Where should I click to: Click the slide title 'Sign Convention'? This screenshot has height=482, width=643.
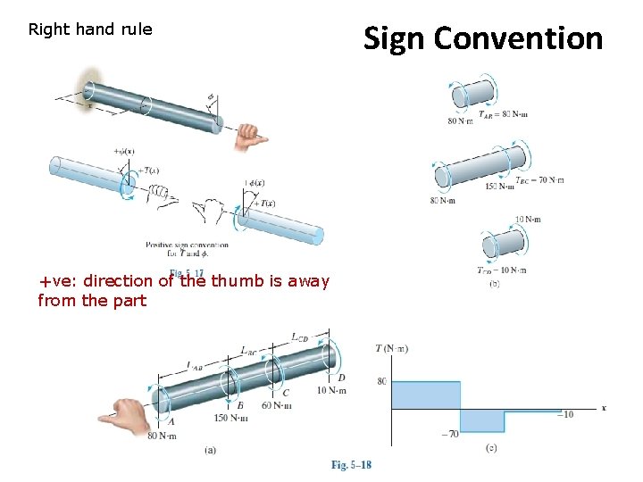(482, 38)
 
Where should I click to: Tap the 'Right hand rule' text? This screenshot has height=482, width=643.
(90, 29)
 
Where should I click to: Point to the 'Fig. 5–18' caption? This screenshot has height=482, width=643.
(351, 465)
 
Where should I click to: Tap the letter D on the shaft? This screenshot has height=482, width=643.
(341, 378)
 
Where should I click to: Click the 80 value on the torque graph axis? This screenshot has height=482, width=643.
(381, 382)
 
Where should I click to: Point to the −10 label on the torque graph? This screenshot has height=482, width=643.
(564, 414)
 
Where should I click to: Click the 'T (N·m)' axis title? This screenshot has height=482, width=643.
(391, 348)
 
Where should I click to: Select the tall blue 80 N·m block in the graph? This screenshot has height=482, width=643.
(426, 395)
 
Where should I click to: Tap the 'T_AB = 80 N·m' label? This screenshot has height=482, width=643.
(503, 114)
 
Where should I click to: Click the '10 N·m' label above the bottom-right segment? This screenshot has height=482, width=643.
(527, 219)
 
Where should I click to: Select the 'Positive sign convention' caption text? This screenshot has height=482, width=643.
(187, 245)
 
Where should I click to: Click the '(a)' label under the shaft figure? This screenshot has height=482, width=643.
(210, 450)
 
